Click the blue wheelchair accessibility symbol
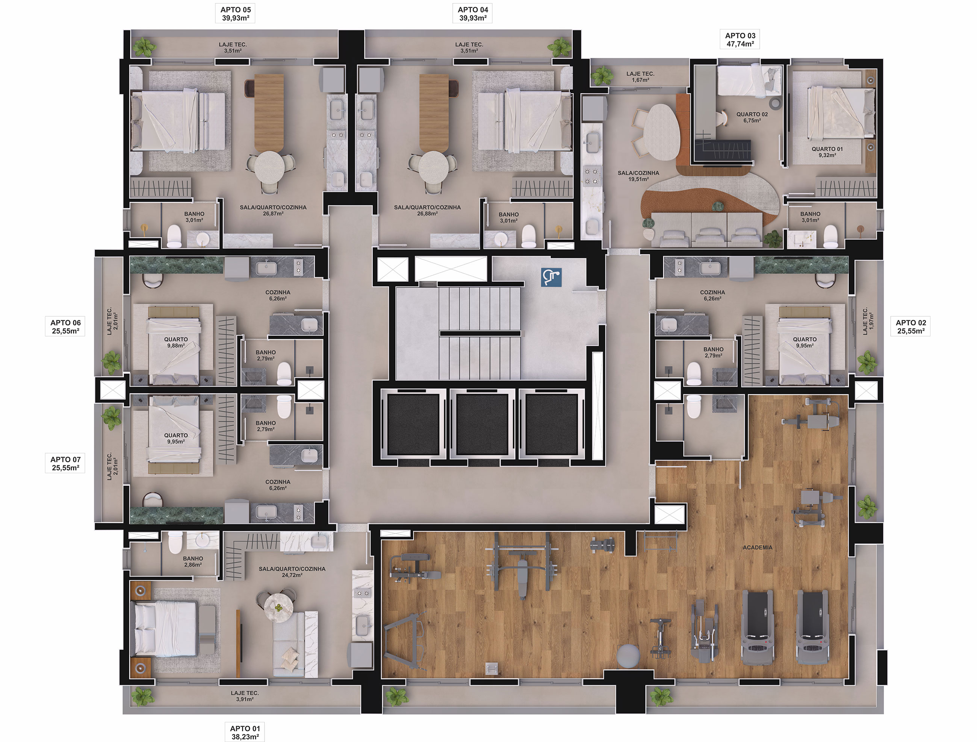551,278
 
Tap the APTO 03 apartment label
740,36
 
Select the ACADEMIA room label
758,548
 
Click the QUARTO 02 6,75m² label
752,117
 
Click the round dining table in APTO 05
269,168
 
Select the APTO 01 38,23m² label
245,732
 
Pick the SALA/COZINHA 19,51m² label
638,176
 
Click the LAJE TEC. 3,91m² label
245,696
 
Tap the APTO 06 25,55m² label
65,326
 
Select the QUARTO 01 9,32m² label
827,152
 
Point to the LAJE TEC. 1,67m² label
640,77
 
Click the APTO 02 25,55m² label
911,326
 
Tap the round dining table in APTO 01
279,608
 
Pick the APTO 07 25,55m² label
65,464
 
